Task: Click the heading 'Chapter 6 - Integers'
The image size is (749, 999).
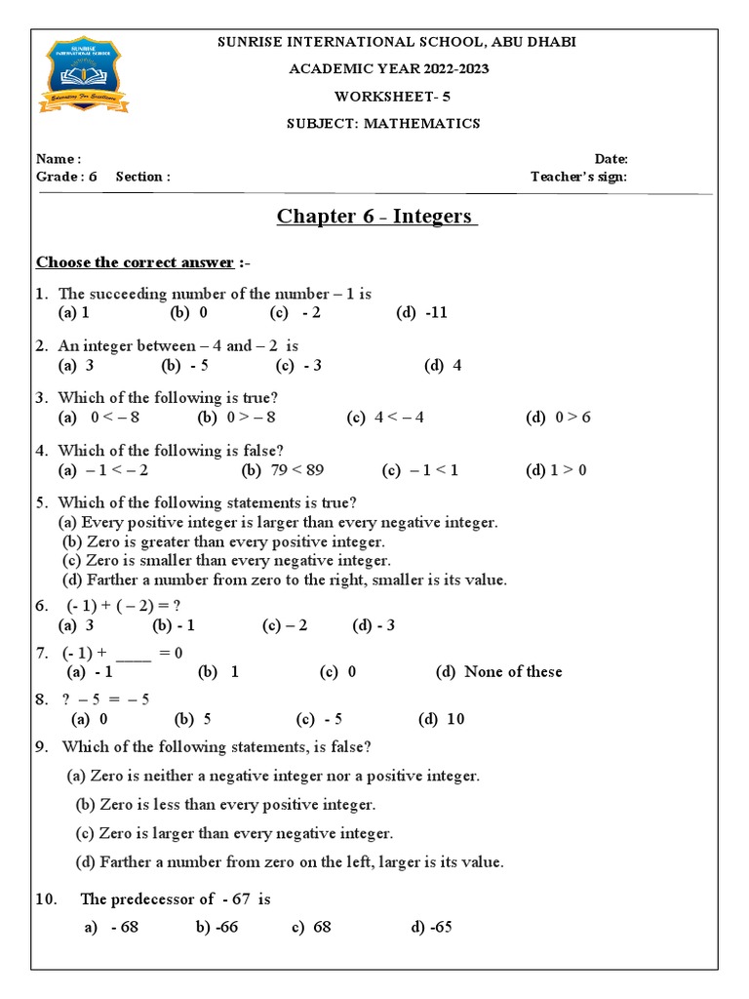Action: pos(376,216)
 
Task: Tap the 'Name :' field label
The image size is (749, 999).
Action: pos(59,159)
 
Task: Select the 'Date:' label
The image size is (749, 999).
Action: pos(611,159)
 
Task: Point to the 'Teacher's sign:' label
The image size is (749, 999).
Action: pos(578,177)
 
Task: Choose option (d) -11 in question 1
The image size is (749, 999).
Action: pos(421,312)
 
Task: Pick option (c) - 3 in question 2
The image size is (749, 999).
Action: pos(298,365)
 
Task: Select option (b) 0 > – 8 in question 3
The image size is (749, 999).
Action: pos(236,418)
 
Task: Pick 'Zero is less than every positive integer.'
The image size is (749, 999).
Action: pos(225,805)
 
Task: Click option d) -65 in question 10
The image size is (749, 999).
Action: pos(431,927)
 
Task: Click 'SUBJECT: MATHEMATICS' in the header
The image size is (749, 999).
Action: pos(382,124)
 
